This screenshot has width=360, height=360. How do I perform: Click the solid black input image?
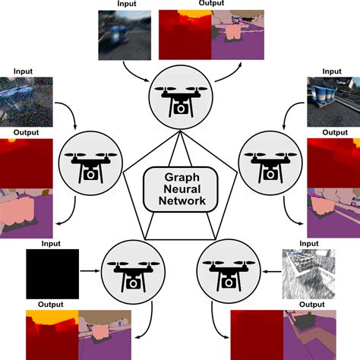click(52, 269)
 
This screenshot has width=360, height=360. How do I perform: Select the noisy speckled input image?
click(27, 101)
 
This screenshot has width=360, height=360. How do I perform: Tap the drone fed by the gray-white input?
click(227, 269)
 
